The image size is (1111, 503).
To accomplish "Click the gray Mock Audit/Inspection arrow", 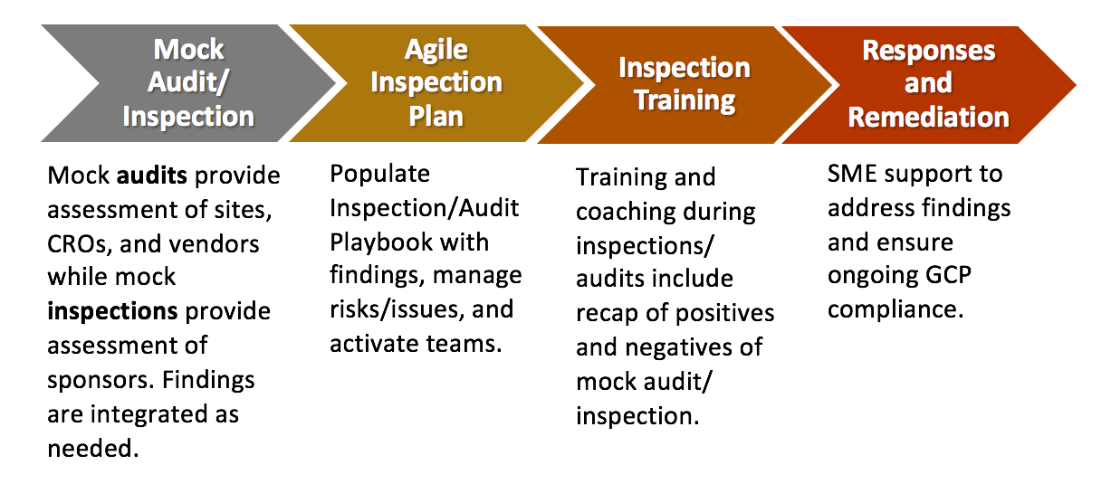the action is tap(188, 83).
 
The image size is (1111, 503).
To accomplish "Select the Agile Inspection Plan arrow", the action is tap(436, 83).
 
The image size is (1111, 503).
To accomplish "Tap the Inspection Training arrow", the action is tap(685, 85).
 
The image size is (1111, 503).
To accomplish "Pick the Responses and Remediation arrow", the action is tap(928, 85).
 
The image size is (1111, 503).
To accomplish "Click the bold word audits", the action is tap(152, 176).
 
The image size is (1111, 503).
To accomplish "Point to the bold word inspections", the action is tap(112, 311).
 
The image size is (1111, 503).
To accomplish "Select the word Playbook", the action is tap(381, 242).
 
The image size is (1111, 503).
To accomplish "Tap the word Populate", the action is tap(380, 175).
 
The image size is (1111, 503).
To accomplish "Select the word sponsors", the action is tap(101, 381).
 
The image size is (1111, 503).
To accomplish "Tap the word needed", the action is tap(92, 449).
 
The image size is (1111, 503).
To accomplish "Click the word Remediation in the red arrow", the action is tap(928, 118).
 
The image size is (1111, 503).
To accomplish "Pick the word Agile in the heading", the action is tap(436, 50).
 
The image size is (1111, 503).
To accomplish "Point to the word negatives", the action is tap(679, 347).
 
